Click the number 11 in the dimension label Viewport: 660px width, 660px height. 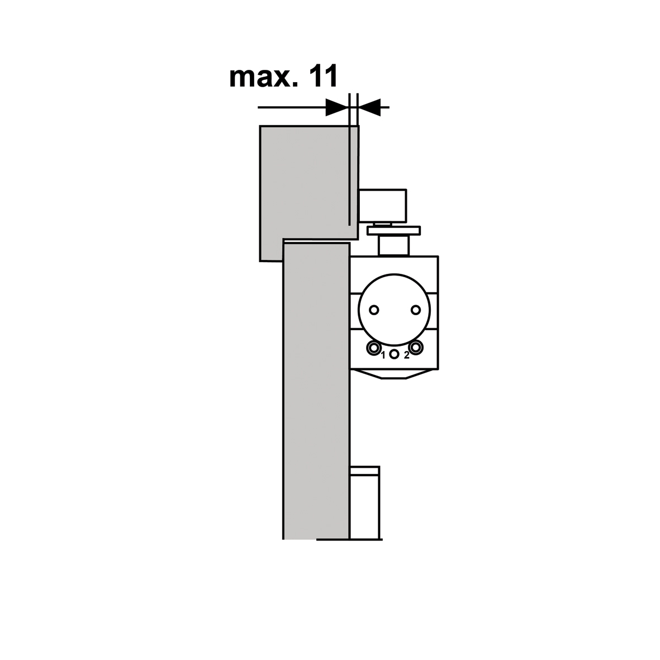[x=324, y=77]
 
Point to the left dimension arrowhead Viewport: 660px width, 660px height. [x=338, y=108]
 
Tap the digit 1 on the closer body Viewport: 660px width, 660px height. [x=383, y=355]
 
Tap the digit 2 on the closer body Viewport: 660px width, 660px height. [x=406, y=355]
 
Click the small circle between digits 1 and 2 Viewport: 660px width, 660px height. [x=395, y=354]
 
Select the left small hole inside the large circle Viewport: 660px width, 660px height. [x=374, y=310]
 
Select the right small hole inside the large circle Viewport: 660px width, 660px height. [x=415, y=310]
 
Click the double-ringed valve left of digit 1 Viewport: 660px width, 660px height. [x=373, y=348]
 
